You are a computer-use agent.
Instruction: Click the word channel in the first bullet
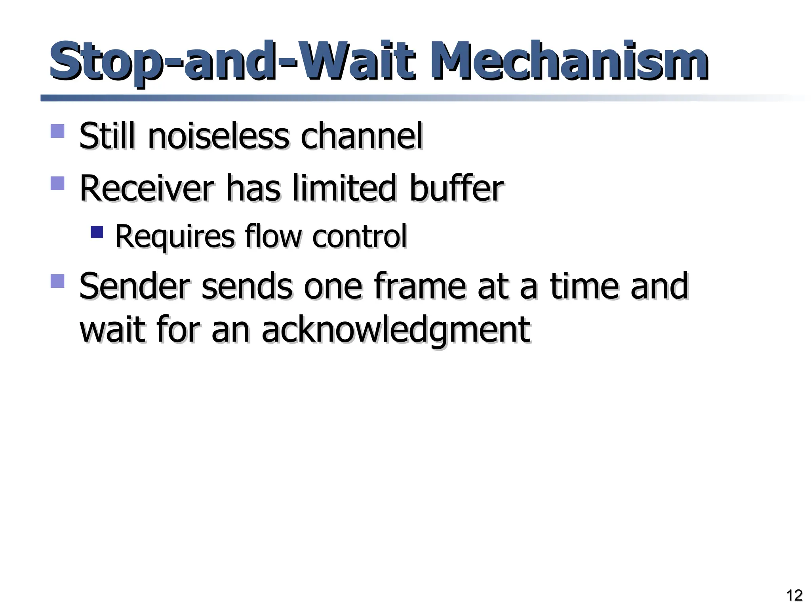362,137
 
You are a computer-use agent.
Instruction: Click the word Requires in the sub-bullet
175,237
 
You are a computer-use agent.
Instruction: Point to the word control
359,237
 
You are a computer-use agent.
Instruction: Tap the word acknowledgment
396,329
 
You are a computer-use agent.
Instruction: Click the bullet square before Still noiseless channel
57,131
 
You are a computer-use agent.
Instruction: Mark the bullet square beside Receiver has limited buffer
57,183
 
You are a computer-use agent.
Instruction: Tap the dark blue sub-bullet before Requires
97,232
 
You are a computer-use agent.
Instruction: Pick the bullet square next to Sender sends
57,281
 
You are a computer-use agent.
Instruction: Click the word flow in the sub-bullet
273,237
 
